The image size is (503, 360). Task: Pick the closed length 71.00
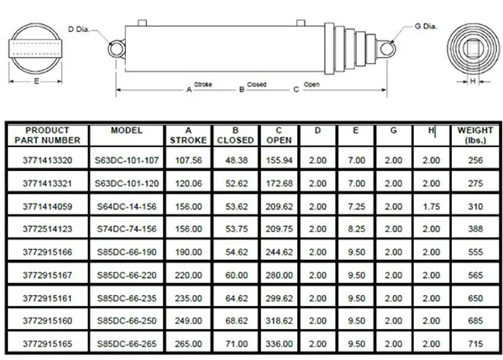coord(233,341)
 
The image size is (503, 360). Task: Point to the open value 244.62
coord(279,252)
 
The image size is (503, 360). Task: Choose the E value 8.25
coord(355,229)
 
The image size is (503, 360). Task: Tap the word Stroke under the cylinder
coord(203,84)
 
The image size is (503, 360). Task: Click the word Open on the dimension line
coord(312,84)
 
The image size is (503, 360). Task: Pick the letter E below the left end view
coord(36,81)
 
